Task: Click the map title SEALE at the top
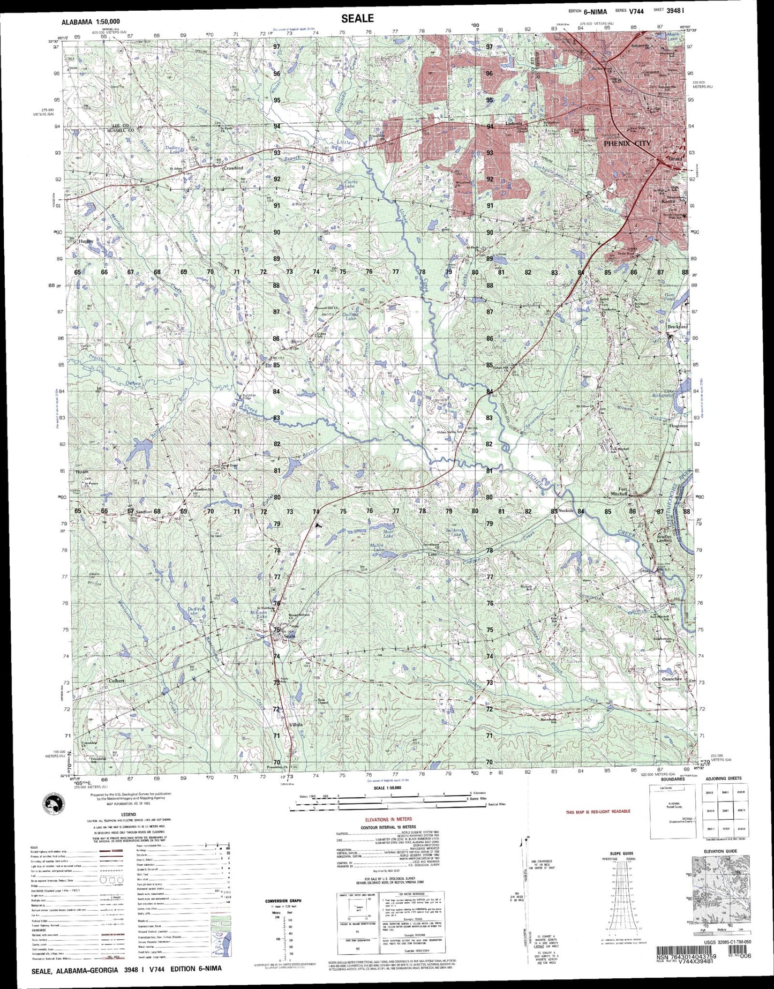pyautogui.click(x=357, y=18)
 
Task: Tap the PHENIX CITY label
pyautogui.click(x=627, y=144)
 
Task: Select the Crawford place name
pyautogui.click(x=233, y=168)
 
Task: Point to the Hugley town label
pyautogui.click(x=86, y=241)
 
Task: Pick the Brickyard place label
pyautogui.click(x=677, y=326)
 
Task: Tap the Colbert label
pyautogui.click(x=116, y=681)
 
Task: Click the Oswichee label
pyautogui.click(x=672, y=679)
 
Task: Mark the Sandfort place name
pyautogui.click(x=144, y=512)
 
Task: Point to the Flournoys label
pyautogui.click(x=678, y=426)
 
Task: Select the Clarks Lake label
pyautogui.click(x=350, y=184)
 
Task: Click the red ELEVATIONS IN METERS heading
pyautogui.click(x=388, y=819)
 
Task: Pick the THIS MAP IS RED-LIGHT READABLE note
pyautogui.click(x=598, y=812)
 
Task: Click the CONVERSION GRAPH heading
pyautogui.click(x=283, y=901)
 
